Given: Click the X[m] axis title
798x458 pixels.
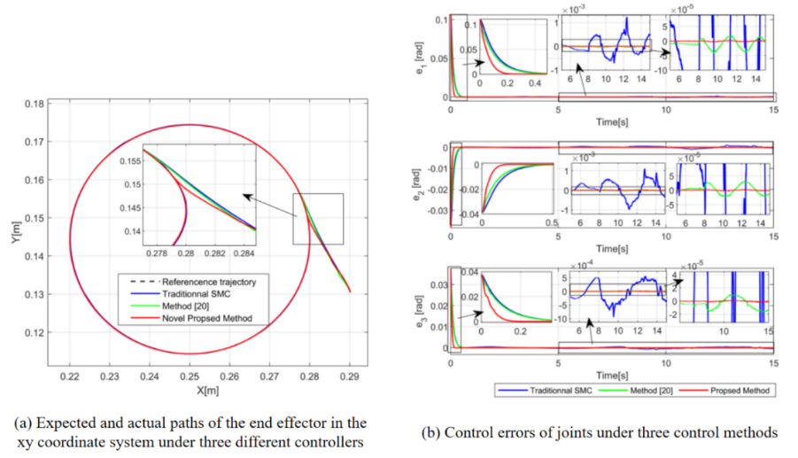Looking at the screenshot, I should [x=209, y=390].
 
